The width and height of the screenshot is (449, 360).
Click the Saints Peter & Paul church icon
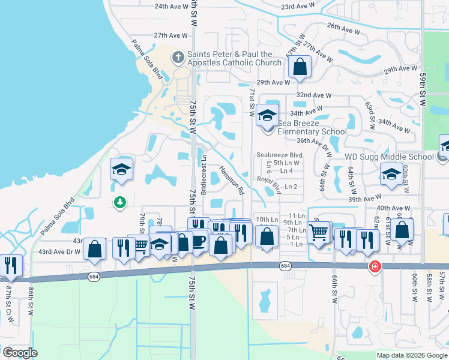pyautogui.click(x=178, y=58)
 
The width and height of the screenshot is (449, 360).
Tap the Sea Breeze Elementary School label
pyautogui.click(x=311, y=127)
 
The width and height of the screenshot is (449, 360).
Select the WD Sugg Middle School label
pyautogui.click(x=389, y=157)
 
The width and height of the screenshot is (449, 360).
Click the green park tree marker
pyautogui.click(x=120, y=202)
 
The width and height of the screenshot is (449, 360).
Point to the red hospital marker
pyautogui.click(x=375, y=265)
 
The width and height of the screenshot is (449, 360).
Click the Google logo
pyautogui.click(x=20, y=352)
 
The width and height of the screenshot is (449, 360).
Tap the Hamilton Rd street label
pyautogui.click(x=231, y=181)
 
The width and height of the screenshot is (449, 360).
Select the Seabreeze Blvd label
pyautogui.click(x=279, y=155)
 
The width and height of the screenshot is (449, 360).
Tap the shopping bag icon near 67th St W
pyautogui.click(x=300, y=67)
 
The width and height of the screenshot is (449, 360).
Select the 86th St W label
pyautogui.click(x=31, y=300)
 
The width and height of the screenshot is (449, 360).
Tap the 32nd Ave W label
pyautogui.click(x=314, y=95)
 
